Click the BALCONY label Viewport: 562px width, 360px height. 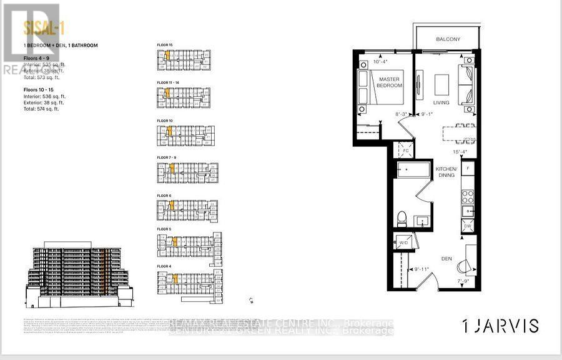(447, 39)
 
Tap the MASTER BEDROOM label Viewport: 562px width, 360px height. (388, 81)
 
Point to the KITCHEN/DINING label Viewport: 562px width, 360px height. (446, 172)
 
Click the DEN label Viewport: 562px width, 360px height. (446, 257)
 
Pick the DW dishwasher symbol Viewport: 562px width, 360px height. (468, 227)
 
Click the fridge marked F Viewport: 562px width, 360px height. (468, 168)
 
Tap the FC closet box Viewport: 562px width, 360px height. (404, 151)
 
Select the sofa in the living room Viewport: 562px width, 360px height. (466, 84)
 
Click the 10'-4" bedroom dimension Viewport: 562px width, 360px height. (380, 62)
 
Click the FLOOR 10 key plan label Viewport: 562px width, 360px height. (165, 119)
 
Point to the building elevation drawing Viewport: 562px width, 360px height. (78, 275)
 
